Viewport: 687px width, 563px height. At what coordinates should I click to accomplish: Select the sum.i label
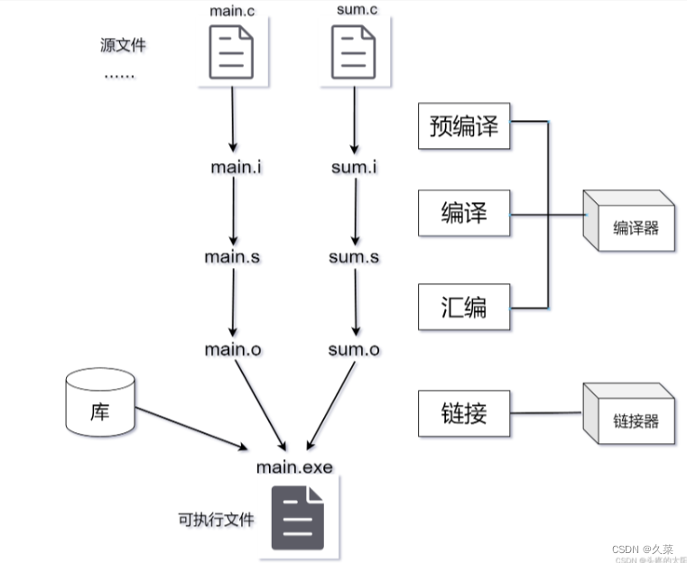(354, 167)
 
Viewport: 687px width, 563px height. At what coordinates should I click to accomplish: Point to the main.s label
(233, 256)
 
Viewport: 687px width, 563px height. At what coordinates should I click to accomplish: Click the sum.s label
(354, 256)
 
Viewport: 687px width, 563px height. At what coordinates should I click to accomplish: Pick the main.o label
(234, 349)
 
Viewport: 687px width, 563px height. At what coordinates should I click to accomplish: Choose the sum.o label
(354, 349)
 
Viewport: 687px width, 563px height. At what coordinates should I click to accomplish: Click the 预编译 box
(464, 126)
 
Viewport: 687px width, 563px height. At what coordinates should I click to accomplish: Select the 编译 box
(464, 214)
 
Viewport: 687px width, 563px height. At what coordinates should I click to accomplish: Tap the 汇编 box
(464, 306)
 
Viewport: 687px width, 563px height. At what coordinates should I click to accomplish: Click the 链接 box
(464, 413)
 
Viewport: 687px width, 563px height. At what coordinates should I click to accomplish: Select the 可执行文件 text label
(216, 520)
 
